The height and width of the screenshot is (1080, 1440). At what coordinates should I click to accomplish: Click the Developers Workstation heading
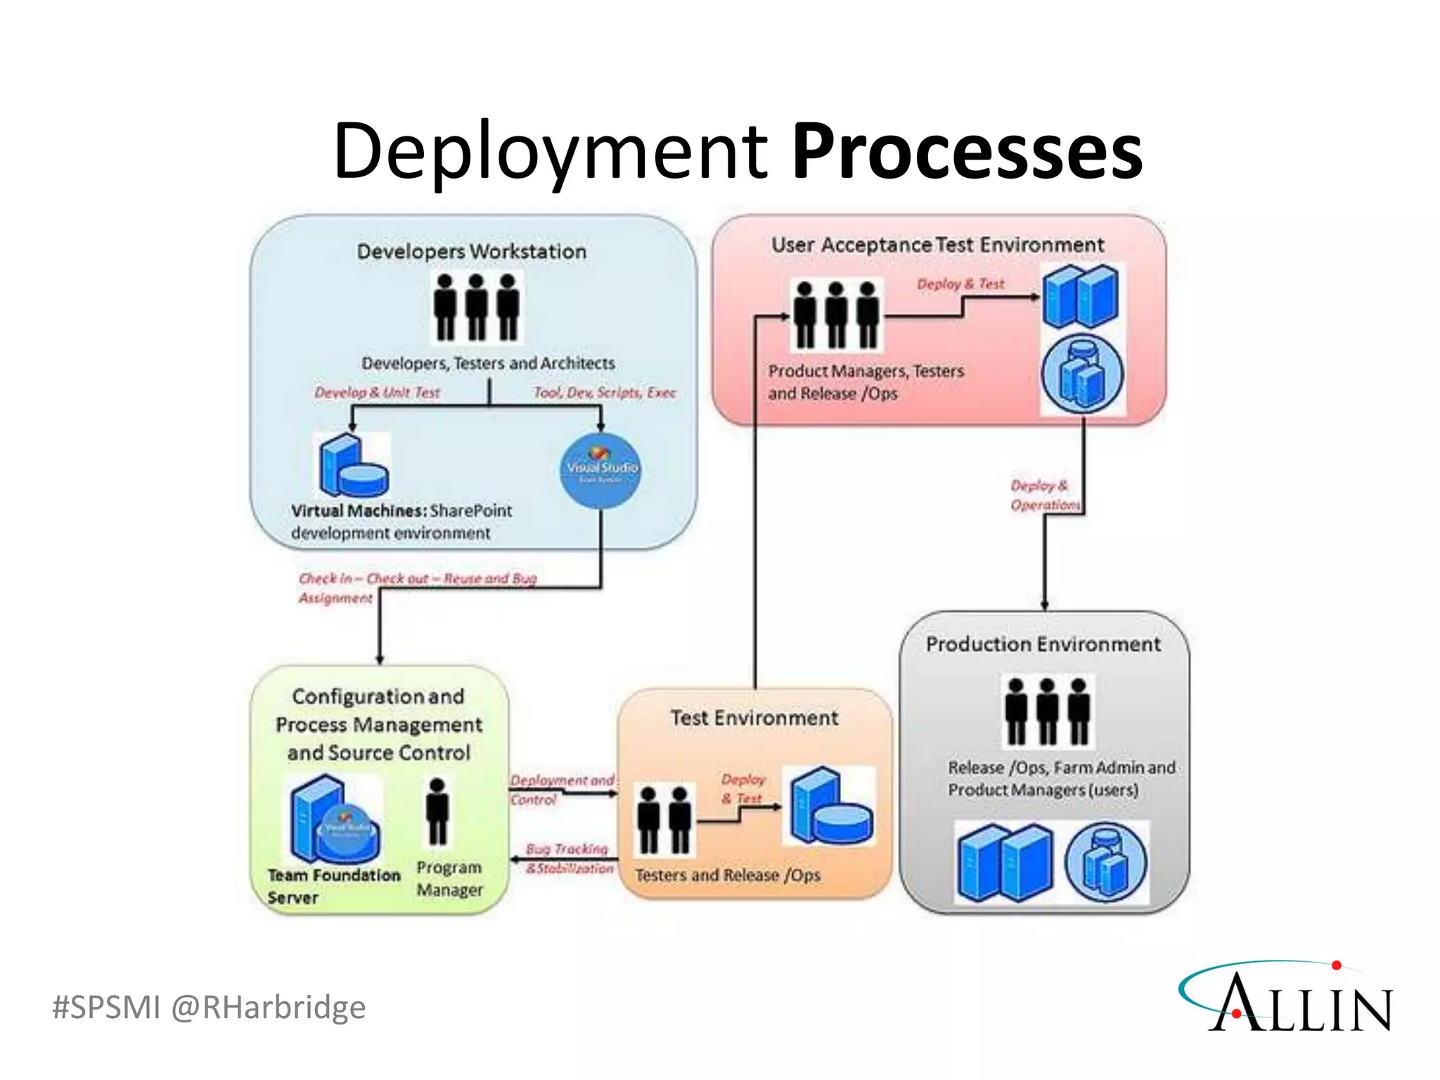coord(471,252)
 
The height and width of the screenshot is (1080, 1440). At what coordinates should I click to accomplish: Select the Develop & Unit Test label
coord(377,392)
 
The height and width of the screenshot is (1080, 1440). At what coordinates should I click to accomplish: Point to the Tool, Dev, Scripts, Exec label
coord(604,392)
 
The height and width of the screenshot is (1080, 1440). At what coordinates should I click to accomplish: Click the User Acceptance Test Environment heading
coord(937,245)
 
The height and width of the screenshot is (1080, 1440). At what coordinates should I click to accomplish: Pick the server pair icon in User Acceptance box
coord(1080,296)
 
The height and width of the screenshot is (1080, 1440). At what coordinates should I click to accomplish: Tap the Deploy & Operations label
coord(1043,495)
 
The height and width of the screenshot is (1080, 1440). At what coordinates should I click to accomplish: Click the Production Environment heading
coord(1043,644)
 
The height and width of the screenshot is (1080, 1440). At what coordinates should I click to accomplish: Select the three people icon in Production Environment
coord(1047,711)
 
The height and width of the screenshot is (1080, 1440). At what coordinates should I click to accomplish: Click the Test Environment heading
coord(754,718)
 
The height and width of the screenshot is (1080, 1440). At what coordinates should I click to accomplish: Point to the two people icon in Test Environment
coord(663,820)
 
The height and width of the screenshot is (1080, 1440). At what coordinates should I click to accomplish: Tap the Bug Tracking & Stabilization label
coord(569,859)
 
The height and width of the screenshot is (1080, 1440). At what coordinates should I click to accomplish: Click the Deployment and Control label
coord(561,790)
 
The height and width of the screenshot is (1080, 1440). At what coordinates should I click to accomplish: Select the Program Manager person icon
coord(437,811)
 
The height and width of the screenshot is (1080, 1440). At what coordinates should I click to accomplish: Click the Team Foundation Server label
coord(333,885)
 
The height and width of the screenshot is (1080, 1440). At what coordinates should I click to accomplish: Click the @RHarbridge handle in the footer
coord(268,1007)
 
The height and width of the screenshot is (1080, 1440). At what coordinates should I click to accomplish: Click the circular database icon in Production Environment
coord(1105,863)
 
